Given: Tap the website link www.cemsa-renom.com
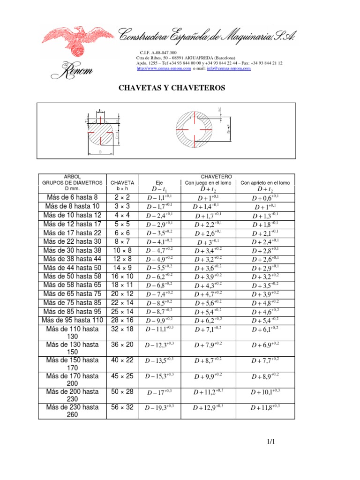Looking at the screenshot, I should pyautogui.click(x=163, y=68).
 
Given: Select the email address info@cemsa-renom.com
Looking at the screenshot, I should pyautogui.click(x=228, y=68).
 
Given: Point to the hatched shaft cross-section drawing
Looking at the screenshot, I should pyautogui.click(x=99, y=131).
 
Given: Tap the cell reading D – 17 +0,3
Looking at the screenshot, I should pyautogui.click(x=159, y=392).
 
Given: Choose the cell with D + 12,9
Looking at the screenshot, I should pyautogui.click(x=208, y=408).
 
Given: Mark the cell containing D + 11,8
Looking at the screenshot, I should pyautogui.click(x=265, y=408).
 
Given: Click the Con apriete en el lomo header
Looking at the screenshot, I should pyautogui.click(x=265, y=182).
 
